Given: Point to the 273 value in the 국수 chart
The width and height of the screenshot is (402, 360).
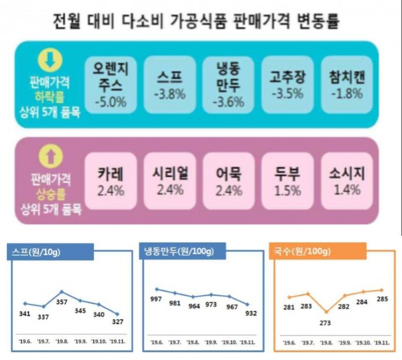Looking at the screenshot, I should pyautogui.click(x=325, y=322).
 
